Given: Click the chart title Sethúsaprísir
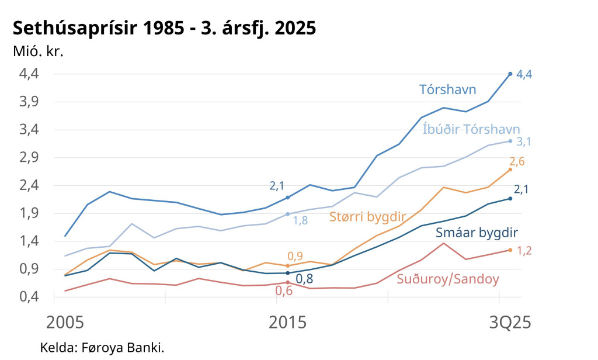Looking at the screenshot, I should tap(164, 27).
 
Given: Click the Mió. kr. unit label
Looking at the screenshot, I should tap(38, 51).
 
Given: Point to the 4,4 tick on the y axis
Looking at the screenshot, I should tap(29, 74).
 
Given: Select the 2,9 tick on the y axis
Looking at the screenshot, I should tap(29, 157).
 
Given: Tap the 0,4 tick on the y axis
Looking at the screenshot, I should tap(29, 297).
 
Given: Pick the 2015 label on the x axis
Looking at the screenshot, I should tap(287, 323).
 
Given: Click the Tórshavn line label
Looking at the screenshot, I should tap(448, 89).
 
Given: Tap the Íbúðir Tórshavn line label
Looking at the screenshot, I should tap(471, 129).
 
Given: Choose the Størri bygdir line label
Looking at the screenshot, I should tap(367, 217).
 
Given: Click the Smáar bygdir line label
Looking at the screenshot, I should tap(477, 233).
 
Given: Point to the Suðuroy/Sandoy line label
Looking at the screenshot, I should tap(448, 279).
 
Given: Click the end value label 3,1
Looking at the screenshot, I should tap(524, 142).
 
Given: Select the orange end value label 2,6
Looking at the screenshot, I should tap(517, 162).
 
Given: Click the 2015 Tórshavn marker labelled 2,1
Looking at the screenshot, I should tap(287, 198).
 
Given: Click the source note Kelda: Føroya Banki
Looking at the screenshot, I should tap(102, 348).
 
